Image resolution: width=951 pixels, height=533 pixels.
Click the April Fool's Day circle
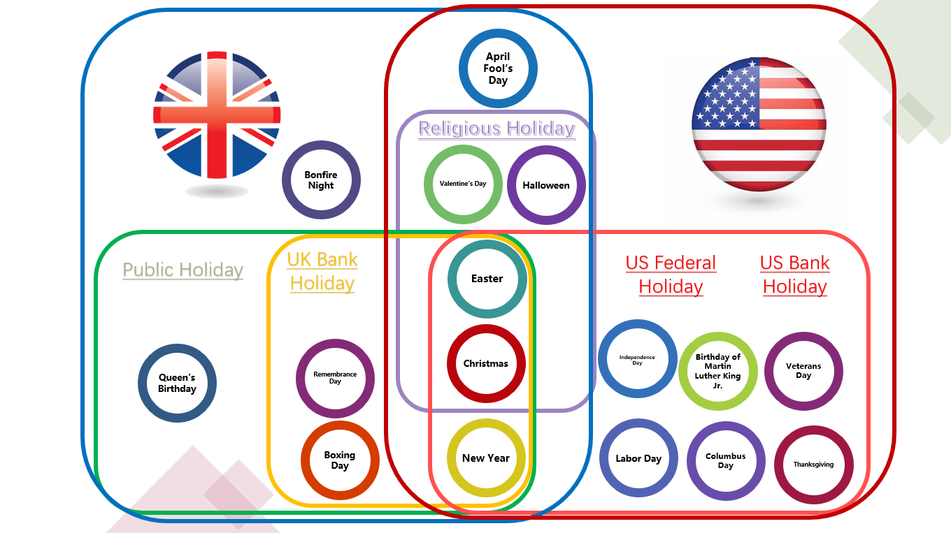click(x=498, y=68)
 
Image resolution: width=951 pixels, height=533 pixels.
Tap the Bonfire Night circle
click(x=321, y=180)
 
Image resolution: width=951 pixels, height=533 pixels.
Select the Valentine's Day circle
click(x=463, y=184)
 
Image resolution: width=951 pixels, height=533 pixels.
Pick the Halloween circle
click(x=546, y=185)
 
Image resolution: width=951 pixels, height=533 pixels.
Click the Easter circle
click(x=487, y=279)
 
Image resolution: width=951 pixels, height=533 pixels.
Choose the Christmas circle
click(x=486, y=363)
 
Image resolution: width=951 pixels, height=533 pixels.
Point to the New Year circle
click(x=486, y=458)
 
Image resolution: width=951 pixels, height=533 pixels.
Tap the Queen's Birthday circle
click(x=177, y=384)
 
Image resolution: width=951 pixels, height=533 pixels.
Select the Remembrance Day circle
click(x=335, y=378)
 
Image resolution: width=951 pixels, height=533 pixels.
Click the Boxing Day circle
click(x=340, y=460)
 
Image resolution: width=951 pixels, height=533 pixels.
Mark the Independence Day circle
click(x=637, y=359)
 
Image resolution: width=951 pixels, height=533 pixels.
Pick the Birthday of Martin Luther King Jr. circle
click(x=718, y=371)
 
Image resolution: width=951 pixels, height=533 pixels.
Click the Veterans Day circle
click(x=803, y=371)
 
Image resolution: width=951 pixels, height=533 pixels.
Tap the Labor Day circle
click(x=638, y=458)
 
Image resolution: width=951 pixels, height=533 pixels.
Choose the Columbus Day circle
click(x=726, y=461)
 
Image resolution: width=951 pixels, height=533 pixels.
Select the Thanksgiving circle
click(x=813, y=465)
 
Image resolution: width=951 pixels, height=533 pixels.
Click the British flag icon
click(x=217, y=115)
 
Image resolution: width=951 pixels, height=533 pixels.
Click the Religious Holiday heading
click(x=496, y=129)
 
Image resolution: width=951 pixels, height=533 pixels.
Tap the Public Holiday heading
click(x=183, y=270)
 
